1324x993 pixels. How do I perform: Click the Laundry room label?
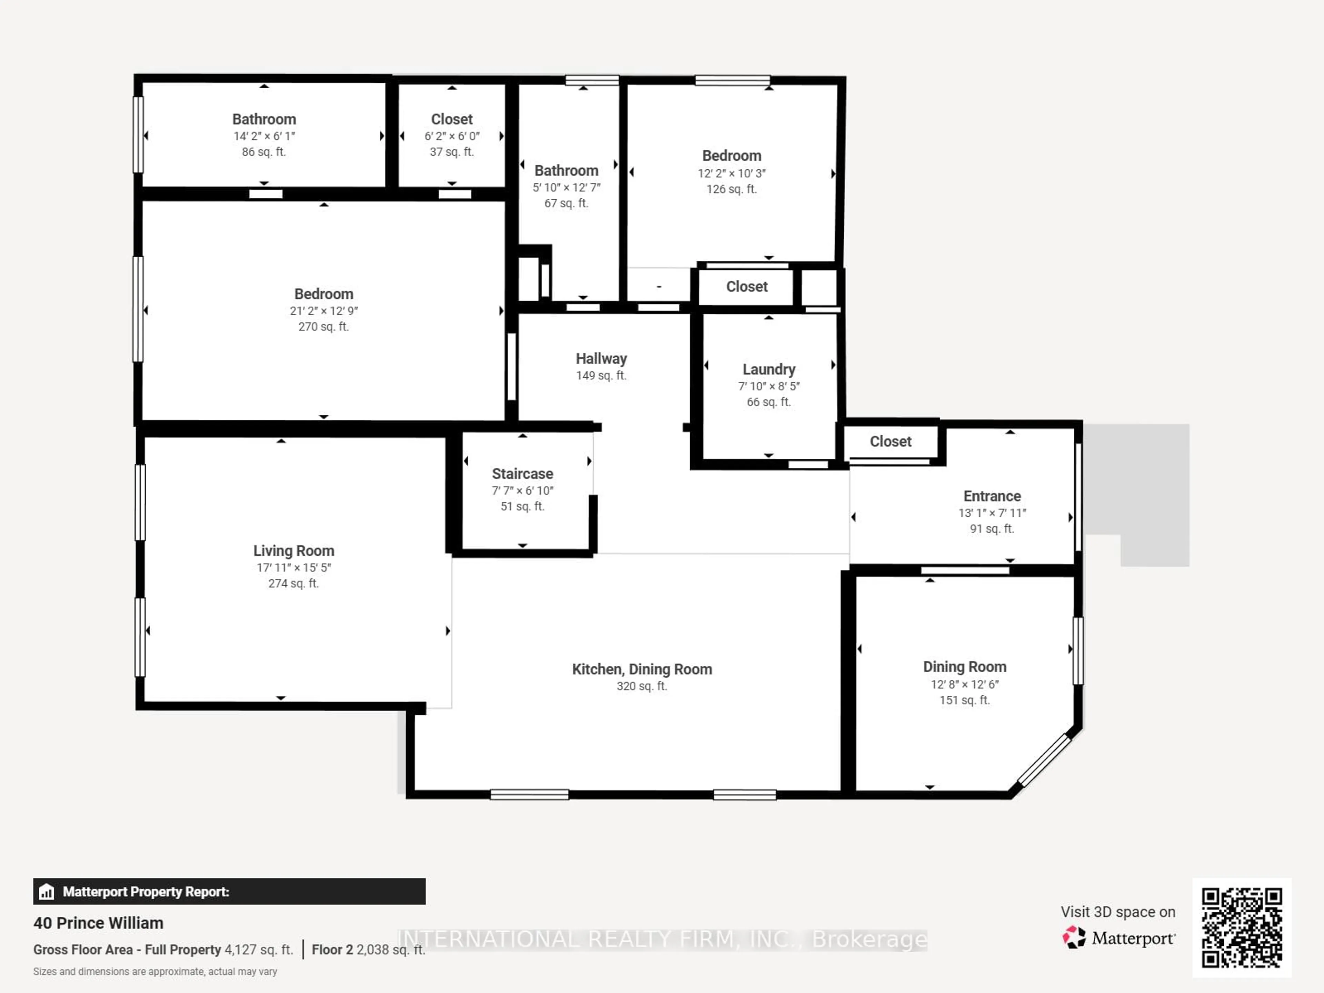coord(769,369)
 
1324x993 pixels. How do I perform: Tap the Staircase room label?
coord(522,474)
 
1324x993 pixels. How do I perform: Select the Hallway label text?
coord(601,359)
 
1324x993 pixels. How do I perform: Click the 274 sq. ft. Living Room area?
coord(293,583)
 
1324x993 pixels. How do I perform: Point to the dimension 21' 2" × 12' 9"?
coord(323,311)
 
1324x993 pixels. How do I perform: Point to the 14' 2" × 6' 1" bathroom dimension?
coord(264,136)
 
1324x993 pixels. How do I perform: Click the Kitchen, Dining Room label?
coord(642,669)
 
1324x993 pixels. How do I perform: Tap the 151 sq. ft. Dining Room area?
coord(964,700)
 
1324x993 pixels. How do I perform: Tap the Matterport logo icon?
coord(1074,937)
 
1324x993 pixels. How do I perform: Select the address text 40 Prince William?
coord(98,923)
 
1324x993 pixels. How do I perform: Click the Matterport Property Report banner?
coord(229,892)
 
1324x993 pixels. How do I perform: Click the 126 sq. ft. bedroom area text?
coord(731,189)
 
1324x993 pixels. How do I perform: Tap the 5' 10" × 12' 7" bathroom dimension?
coord(566,188)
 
